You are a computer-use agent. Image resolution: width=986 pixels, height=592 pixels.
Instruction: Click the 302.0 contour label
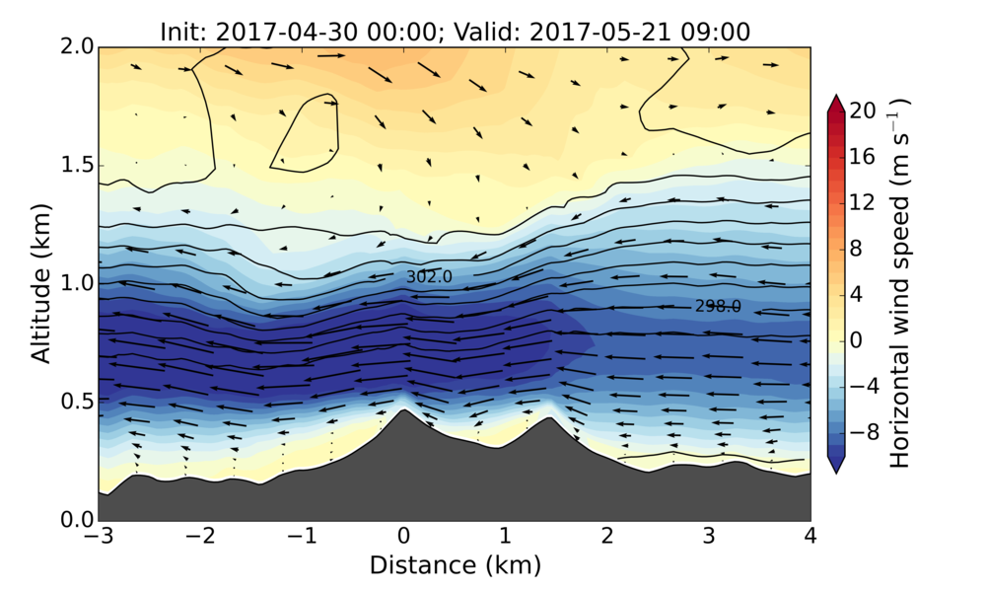click(429, 277)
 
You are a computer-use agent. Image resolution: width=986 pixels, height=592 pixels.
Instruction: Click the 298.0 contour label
click(718, 307)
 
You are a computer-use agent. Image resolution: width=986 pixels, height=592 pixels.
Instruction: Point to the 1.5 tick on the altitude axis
click(75, 165)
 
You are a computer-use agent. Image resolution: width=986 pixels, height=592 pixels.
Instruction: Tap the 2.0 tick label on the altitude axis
click(75, 46)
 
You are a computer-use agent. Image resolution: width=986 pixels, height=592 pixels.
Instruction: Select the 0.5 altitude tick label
click(75, 402)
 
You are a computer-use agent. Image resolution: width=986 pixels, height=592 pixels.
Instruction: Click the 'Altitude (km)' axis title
click(40, 283)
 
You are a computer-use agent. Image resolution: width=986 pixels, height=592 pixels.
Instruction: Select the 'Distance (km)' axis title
click(455, 565)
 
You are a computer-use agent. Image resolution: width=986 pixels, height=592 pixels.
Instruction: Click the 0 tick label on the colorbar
click(858, 339)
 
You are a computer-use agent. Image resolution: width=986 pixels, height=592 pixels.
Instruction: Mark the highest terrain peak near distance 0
click(403, 409)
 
